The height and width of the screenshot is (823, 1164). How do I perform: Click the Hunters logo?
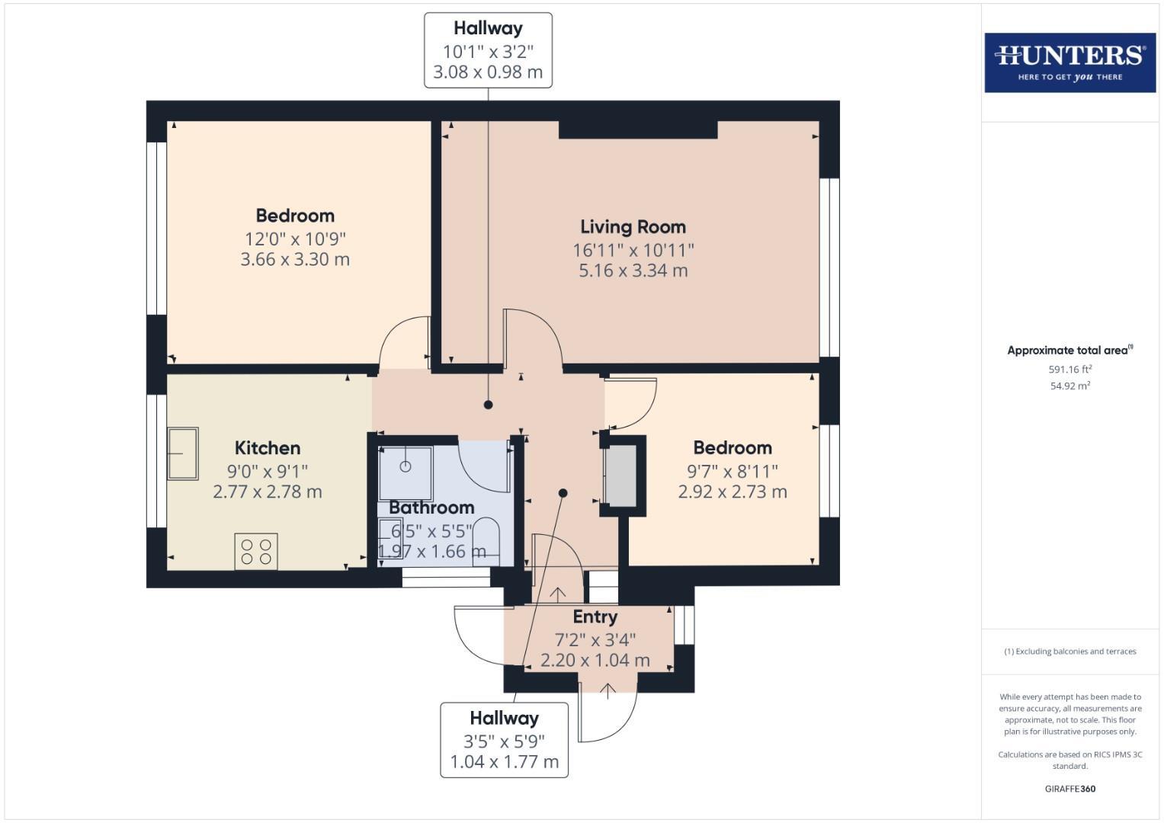pos(1069,62)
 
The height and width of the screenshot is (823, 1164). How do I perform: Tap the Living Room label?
pos(633,226)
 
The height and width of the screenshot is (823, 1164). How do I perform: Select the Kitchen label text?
pos(267,448)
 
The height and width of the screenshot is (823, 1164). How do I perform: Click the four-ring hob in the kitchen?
pos(256,551)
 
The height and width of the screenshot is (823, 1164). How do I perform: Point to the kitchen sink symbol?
pos(183,453)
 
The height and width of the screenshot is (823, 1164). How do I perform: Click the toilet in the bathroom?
pos(485,541)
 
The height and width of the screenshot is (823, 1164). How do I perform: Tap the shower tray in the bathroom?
pos(406,473)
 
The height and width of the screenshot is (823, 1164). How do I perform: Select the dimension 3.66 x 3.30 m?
pos(295,259)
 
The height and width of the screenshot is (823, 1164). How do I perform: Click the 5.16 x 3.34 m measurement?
pos(633,271)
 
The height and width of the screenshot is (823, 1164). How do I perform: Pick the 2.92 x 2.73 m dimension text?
pos(732,492)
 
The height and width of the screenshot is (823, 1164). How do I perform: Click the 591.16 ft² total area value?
pos(1069,370)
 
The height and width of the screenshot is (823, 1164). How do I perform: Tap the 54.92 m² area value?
pos(1069,386)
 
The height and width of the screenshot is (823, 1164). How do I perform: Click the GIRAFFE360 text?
pos(1069,789)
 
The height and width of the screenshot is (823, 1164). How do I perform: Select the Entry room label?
pos(595,616)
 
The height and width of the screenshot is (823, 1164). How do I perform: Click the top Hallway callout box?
pos(488,50)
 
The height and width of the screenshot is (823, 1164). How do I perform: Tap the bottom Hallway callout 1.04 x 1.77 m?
pos(504,761)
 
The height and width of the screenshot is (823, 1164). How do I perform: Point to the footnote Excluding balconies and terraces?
pos(1069,652)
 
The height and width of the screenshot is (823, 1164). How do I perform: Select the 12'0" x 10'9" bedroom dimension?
pos(295,239)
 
